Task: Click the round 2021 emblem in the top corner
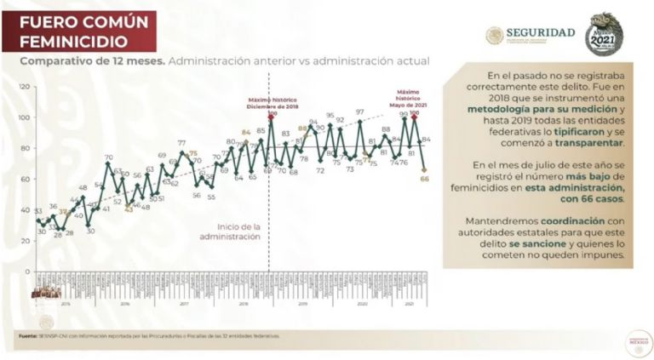click(602, 33)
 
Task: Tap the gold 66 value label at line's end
click(424, 179)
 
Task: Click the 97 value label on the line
click(359, 112)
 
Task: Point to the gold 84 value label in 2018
click(246, 132)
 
